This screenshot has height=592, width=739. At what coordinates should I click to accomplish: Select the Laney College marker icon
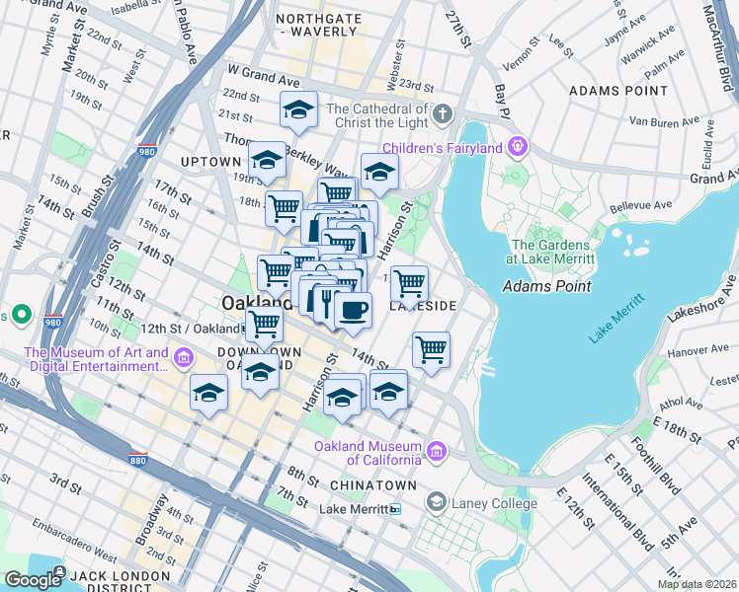point(436,503)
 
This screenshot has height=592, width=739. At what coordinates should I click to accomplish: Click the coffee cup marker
point(353,310)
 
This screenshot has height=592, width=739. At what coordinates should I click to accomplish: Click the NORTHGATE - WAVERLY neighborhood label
point(316,25)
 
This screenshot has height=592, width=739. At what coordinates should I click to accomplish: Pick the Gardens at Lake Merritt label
point(552,252)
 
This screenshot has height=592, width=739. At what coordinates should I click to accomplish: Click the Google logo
point(32,579)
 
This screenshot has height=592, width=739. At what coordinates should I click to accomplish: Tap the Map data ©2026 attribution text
point(697,584)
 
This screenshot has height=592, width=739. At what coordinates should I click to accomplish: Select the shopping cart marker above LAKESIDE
point(409,284)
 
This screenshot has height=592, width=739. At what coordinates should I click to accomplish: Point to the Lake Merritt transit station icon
point(395,509)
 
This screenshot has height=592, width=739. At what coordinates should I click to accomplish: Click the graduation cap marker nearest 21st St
point(297,111)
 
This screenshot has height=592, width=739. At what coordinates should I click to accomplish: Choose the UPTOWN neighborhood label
point(210,161)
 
